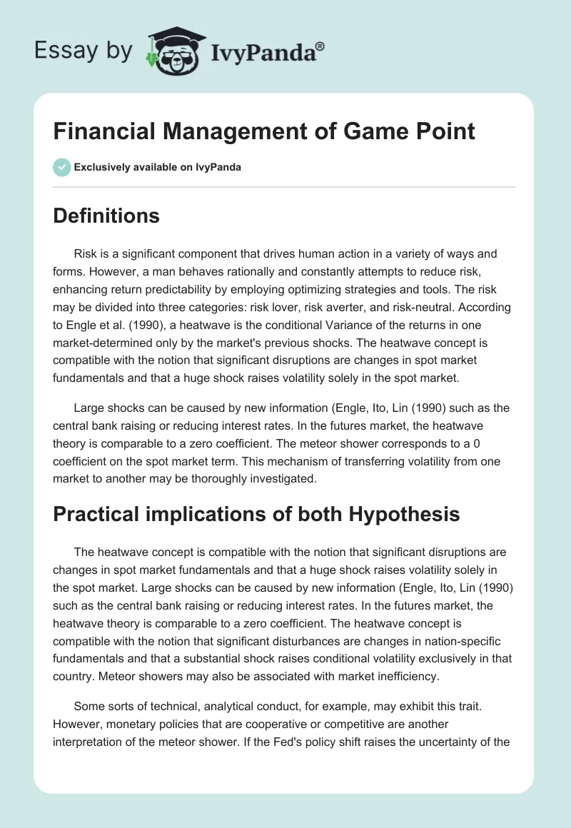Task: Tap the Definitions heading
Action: point(106,216)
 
